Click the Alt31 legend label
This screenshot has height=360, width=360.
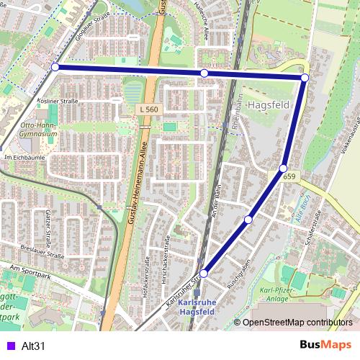point(34,346)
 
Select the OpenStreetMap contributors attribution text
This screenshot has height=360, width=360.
point(297,322)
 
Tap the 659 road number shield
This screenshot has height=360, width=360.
point(289,177)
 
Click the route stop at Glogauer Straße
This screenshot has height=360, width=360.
point(55,67)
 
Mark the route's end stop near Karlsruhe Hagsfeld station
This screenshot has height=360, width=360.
point(204,274)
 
